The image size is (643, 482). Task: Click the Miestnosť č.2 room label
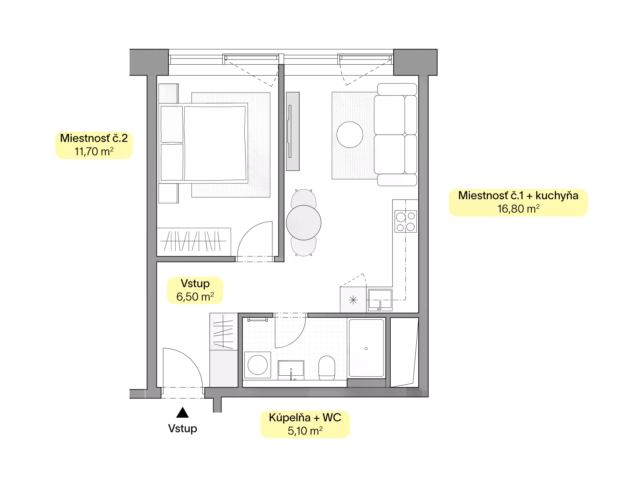click(94, 138)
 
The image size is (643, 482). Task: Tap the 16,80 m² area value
click(518, 209)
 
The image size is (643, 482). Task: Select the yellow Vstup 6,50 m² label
click(195, 290)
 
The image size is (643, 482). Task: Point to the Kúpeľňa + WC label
click(305, 417)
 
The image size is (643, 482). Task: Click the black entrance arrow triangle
click(183, 412)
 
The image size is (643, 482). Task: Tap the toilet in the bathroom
click(327, 368)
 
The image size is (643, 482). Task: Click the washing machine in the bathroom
click(258, 365)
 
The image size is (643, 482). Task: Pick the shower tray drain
click(366, 348)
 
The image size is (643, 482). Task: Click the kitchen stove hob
click(406, 221)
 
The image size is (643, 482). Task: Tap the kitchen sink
click(380, 300)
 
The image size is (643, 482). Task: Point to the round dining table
click(303, 223)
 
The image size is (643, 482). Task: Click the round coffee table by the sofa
click(350, 135)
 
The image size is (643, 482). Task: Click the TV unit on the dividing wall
click(293, 131)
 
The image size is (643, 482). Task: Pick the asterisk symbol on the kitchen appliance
click(353, 300)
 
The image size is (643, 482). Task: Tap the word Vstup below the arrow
click(183, 429)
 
